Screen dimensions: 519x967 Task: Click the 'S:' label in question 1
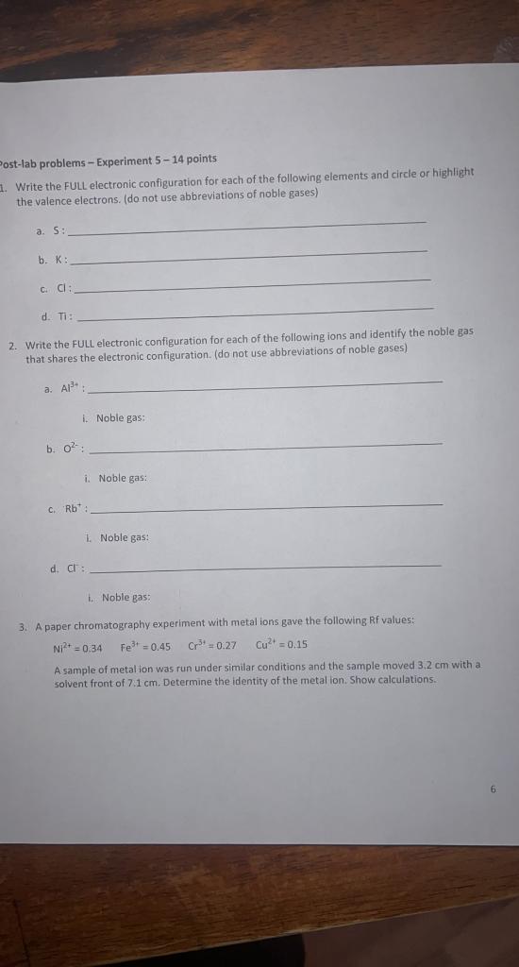click(59, 231)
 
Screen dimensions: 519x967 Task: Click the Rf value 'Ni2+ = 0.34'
click(77, 647)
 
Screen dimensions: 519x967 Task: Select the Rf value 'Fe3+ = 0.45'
click(146, 647)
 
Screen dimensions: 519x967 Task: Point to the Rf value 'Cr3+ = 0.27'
click(212, 647)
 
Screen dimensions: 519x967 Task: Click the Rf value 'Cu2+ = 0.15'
click(281, 646)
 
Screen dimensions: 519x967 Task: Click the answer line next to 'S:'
click(245, 228)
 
